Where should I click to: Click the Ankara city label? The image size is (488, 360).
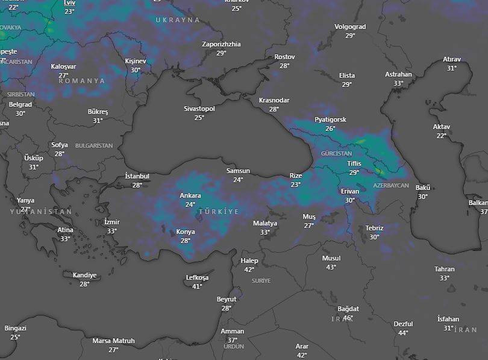pos(190,196)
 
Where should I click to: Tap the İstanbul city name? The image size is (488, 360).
pos(137,176)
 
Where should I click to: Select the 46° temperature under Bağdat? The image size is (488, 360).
pos(348,318)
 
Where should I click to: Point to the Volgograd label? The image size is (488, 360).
pos(350,27)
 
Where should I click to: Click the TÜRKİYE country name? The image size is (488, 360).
pos(219,212)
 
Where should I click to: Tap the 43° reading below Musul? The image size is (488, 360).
pos(331,267)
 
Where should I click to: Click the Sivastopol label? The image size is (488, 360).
pos(199,109)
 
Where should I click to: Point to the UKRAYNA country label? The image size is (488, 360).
pos(178,20)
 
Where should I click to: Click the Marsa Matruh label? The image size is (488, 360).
pos(113,341)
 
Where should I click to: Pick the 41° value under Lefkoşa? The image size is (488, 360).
pos(197,286)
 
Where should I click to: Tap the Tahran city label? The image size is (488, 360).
pos(445,269)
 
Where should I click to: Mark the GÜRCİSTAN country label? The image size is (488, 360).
pos(336,154)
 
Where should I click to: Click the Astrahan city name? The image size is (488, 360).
pos(398,75)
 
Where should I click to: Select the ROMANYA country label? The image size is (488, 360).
pos(81,81)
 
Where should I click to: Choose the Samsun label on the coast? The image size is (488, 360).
pos(238,171)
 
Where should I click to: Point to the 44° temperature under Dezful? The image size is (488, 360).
pos(403,333)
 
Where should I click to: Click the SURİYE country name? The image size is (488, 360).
pos(261,281)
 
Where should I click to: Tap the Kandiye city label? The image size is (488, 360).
pos(84,275)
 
